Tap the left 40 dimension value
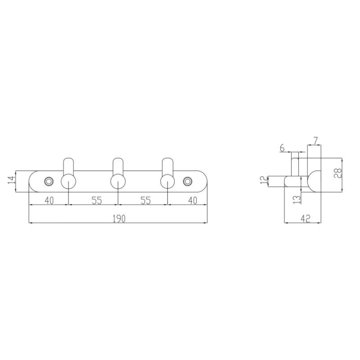[49, 201]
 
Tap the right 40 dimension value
[192, 201]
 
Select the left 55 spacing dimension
[96, 201]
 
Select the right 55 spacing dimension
[145, 201]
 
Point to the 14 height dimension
[11, 180]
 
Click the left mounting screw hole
[49, 181]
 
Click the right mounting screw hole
[187, 181]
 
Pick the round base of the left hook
[68, 181]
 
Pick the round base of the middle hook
[118, 181]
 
